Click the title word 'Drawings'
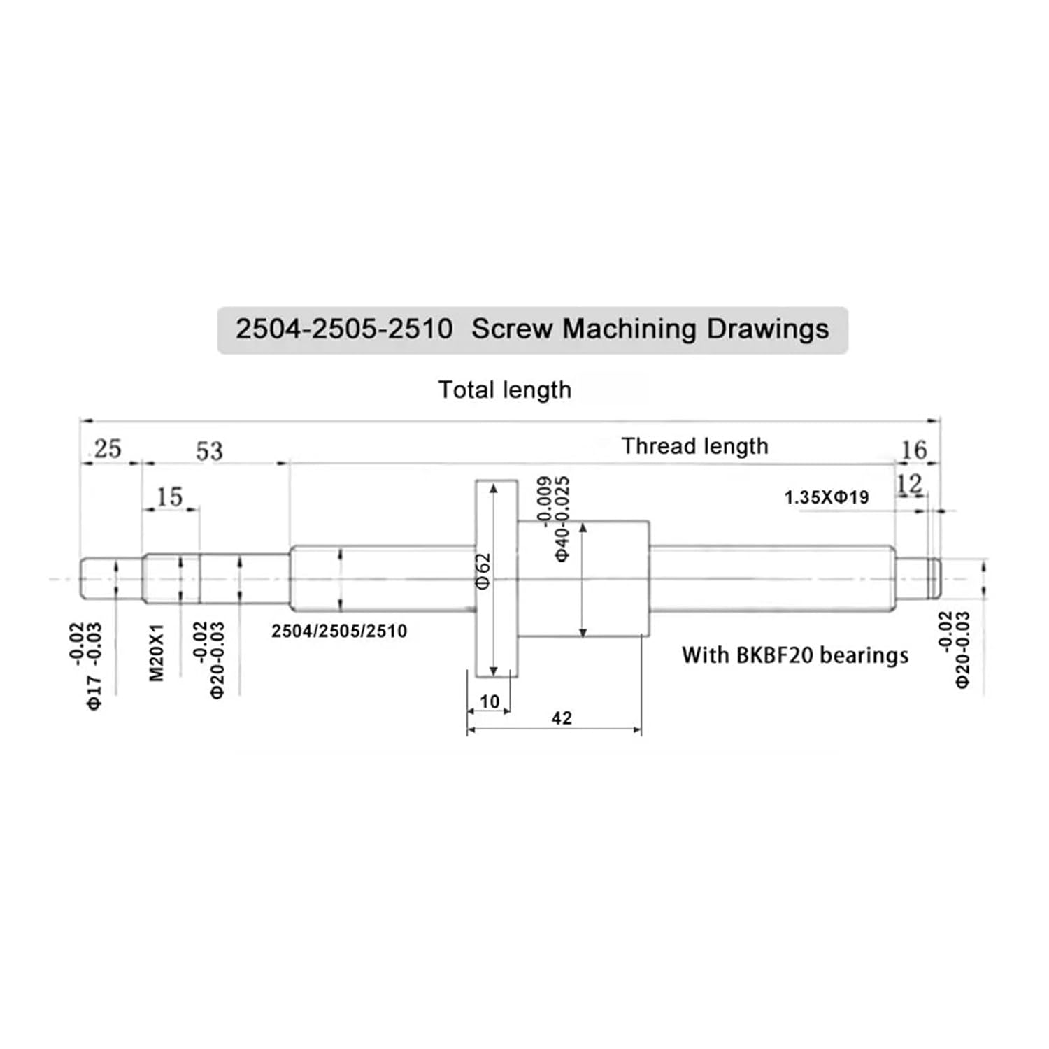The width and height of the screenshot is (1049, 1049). (x=767, y=329)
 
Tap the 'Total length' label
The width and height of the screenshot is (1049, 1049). (x=504, y=390)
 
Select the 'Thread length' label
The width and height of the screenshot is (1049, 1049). (x=694, y=446)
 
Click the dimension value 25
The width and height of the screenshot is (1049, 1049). (x=107, y=448)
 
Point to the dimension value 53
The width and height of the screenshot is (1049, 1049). (x=209, y=451)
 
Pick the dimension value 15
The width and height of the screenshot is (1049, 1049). (x=169, y=497)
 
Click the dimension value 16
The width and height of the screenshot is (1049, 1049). (x=913, y=450)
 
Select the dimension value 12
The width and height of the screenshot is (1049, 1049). (x=909, y=483)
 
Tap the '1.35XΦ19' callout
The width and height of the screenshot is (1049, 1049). (x=826, y=497)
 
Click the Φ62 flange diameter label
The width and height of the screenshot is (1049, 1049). (x=483, y=571)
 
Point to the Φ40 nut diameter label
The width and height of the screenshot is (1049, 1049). (x=562, y=542)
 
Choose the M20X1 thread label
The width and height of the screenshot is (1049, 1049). (x=156, y=652)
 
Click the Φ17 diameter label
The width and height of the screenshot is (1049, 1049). (x=94, y=692)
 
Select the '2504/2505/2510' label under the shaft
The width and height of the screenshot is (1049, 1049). (x=339, y=631)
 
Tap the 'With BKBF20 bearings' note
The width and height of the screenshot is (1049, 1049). (x=795, y=655)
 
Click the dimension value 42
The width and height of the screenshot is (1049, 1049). (x=562, y=718)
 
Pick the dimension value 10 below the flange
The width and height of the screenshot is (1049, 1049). (x=490, y=701)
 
